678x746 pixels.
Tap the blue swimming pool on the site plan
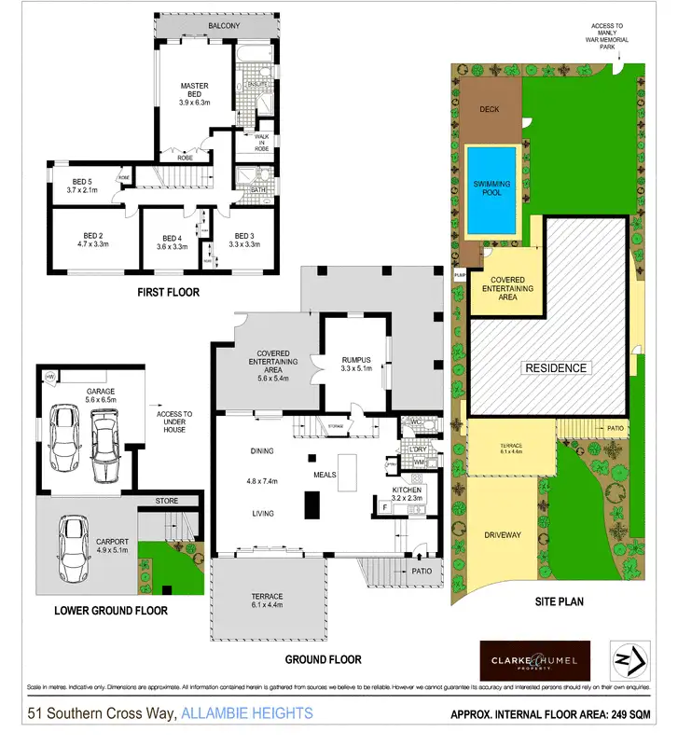coord(491,192)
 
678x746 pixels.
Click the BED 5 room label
coord(83,181)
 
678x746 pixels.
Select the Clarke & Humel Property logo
coord(534,660)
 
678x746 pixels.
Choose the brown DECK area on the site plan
coord(490,109)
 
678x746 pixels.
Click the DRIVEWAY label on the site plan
coord(503,535)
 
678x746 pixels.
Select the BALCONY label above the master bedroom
coord(224,26)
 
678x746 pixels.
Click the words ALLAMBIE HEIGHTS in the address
coord(247,714)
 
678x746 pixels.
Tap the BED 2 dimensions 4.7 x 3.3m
coord(93,244)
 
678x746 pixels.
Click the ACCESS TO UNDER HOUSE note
coord(175,420)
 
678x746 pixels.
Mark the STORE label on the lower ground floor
coord(166,502)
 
